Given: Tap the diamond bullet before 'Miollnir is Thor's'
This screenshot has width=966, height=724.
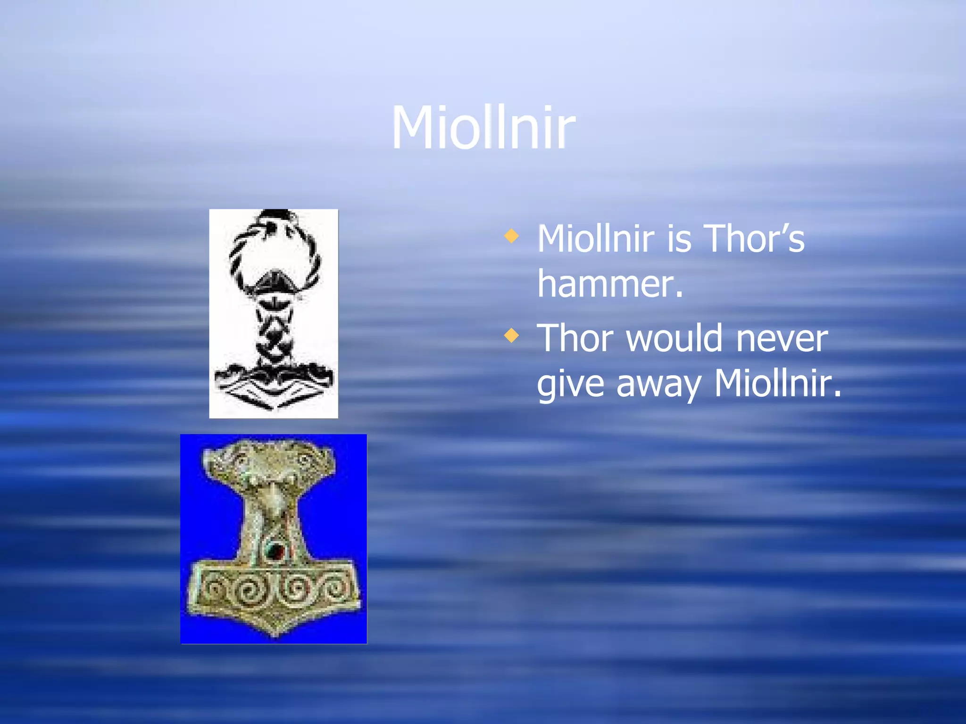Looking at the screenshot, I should [511, 236].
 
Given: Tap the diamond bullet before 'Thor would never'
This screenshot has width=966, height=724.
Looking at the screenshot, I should [511, 336].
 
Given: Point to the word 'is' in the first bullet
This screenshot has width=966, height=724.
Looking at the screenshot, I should [679, 239].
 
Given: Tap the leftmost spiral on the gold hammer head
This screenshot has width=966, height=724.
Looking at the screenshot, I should [214, 589].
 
